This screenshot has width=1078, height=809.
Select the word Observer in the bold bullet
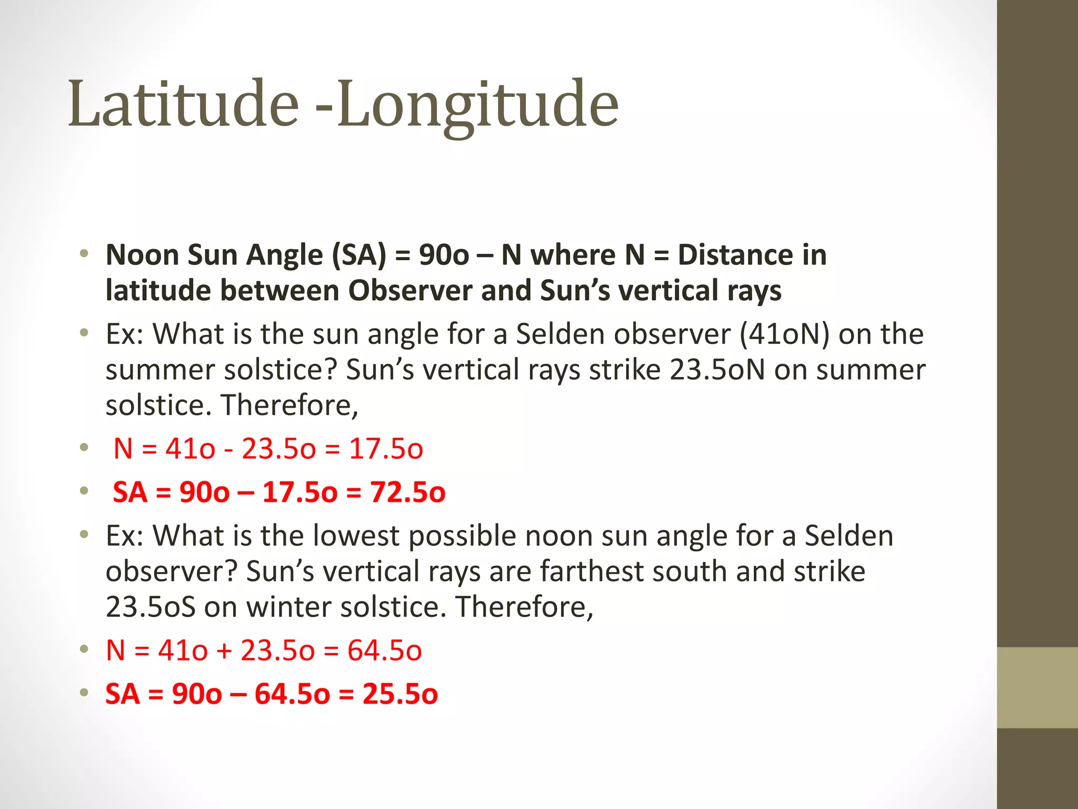[410, 291]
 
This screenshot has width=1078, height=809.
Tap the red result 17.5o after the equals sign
[386, 449]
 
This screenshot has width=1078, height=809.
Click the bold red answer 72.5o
[407, 492]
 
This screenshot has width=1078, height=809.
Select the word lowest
[356, 536]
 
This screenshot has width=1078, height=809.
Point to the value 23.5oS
[151, 607]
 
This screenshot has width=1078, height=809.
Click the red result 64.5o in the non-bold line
[384, 650]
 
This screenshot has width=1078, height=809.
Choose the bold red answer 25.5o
[400, 694]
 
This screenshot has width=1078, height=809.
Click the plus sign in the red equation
[224, 651]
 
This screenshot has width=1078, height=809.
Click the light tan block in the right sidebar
[1037, 687]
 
